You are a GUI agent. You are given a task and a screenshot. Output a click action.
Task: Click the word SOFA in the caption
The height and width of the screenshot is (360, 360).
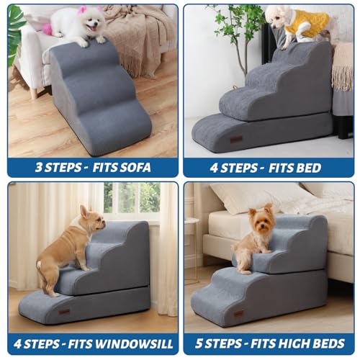(x=136, y=168)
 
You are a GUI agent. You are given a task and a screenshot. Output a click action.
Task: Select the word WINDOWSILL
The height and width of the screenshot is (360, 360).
(x=127, y=343)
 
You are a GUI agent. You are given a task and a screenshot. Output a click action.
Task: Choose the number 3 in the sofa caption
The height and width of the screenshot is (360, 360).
(x=40, y=168)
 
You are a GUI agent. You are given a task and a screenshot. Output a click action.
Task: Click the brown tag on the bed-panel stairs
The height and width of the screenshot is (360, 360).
(x=236, y=139)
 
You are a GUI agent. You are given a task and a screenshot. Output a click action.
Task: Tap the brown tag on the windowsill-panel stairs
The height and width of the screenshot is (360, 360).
(x=64, y=311)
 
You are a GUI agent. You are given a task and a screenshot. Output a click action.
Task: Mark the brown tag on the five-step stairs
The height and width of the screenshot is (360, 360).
(x=238, y=314)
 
